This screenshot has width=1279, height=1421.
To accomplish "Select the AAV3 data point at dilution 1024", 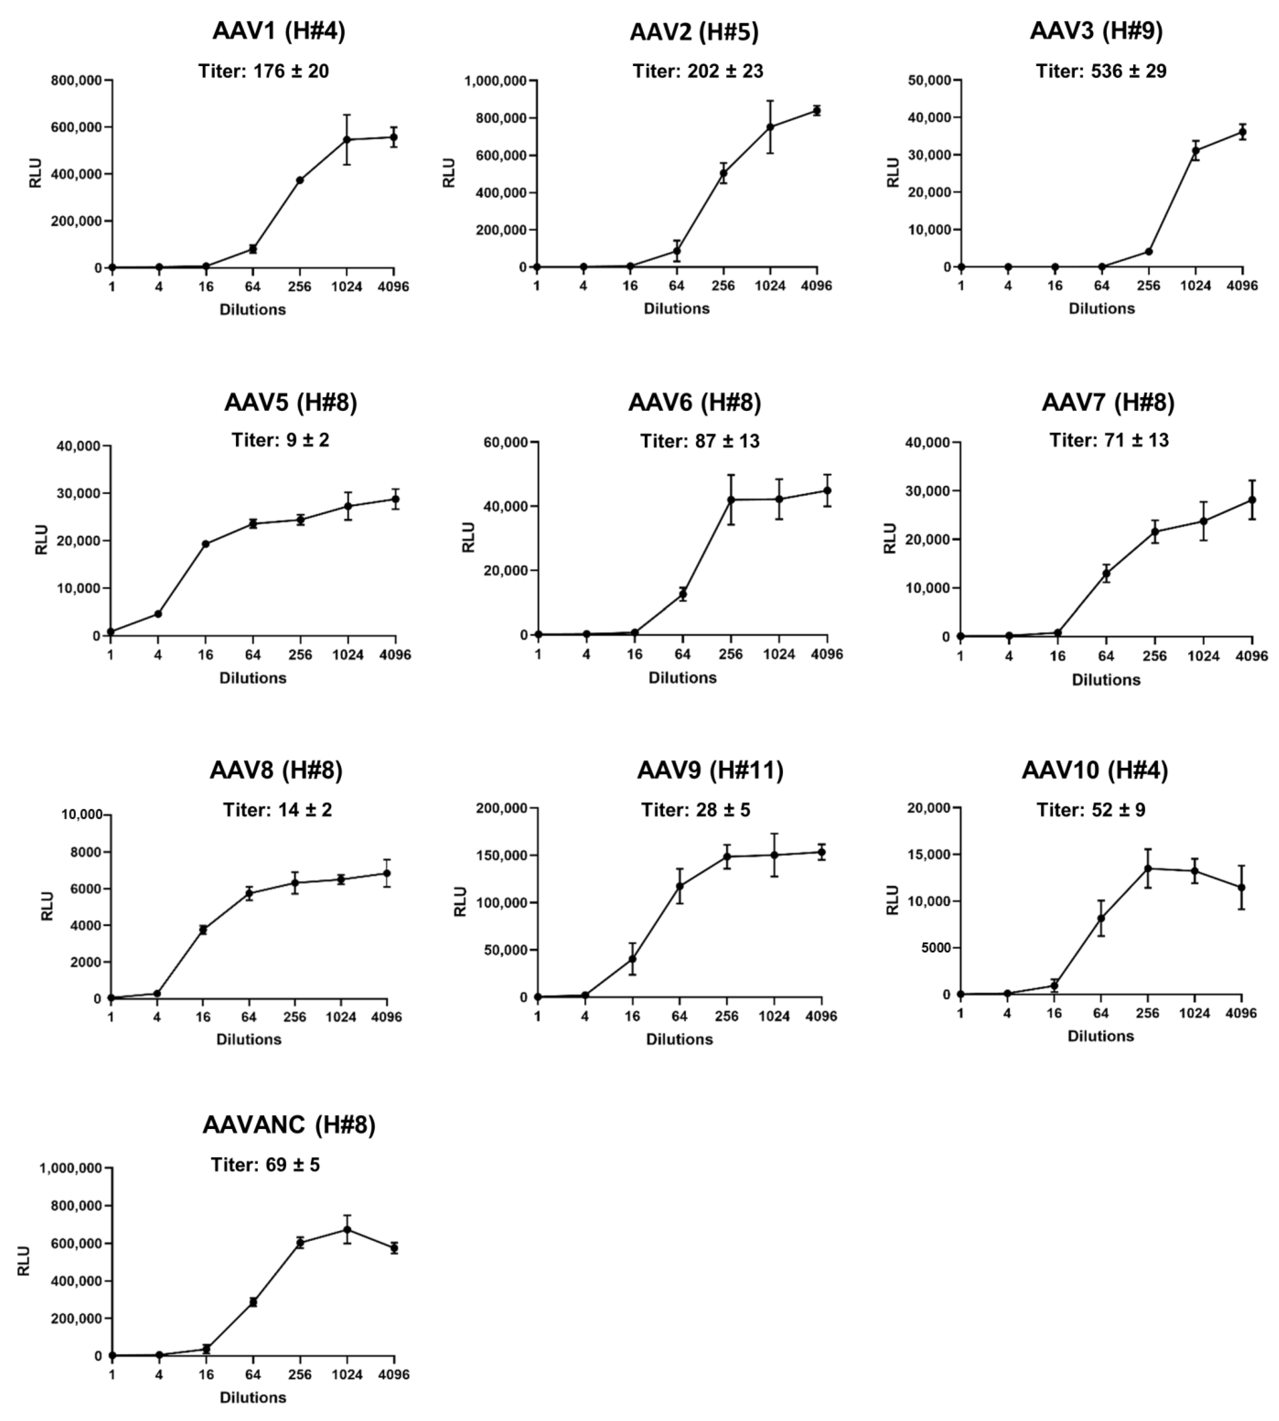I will click(x=1195, y=150).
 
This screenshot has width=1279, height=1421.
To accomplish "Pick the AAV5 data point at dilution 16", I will click(x=205, y=544).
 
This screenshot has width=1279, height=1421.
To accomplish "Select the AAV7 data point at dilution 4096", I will click(x=1252, y=500).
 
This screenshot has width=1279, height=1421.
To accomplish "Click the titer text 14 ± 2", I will click(x=278, y=810).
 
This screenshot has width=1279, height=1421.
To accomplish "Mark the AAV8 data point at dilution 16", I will click(x=203, y=929).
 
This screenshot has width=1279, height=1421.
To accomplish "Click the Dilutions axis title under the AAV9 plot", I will click(x=679, y=1039).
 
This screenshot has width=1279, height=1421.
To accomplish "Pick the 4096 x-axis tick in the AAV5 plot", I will click(x=394, y=655).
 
